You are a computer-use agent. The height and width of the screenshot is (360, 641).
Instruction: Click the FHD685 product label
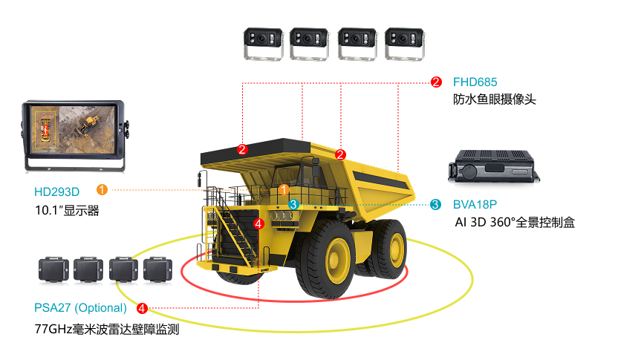point(475,82)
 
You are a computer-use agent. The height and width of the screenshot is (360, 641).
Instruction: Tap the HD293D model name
point(56,192)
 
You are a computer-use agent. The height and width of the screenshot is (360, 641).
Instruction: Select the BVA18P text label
point(475,204)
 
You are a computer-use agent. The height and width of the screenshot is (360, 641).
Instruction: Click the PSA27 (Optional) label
point(80,308)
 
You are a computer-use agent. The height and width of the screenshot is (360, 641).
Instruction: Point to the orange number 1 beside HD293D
point(102,189)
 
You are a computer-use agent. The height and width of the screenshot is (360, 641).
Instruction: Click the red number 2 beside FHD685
point(436,82)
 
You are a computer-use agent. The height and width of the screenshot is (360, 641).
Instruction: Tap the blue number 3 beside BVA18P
point(436,204)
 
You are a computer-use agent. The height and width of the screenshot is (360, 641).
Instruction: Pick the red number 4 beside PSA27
point(142,308)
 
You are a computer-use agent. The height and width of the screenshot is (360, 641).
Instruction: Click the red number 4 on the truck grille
point(258,224)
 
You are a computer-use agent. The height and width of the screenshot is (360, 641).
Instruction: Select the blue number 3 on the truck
point(293,204)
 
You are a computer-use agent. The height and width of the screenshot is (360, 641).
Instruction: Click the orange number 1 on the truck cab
point(284,189)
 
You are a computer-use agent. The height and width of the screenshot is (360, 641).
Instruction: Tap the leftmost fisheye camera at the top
point(264,44)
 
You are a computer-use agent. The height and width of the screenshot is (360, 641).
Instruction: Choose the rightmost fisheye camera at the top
point(405,44)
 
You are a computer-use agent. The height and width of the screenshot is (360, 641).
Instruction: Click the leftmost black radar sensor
point(53,269)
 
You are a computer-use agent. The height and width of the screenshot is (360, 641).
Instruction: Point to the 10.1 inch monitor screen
point(73,130)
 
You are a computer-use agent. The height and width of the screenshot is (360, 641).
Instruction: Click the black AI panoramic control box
point(494,166)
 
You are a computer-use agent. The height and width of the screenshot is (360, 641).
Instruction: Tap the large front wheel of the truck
point(326,260)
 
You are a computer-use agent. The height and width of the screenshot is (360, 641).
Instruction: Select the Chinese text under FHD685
point(494,99)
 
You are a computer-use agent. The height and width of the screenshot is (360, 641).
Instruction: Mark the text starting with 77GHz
point(107,329)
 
